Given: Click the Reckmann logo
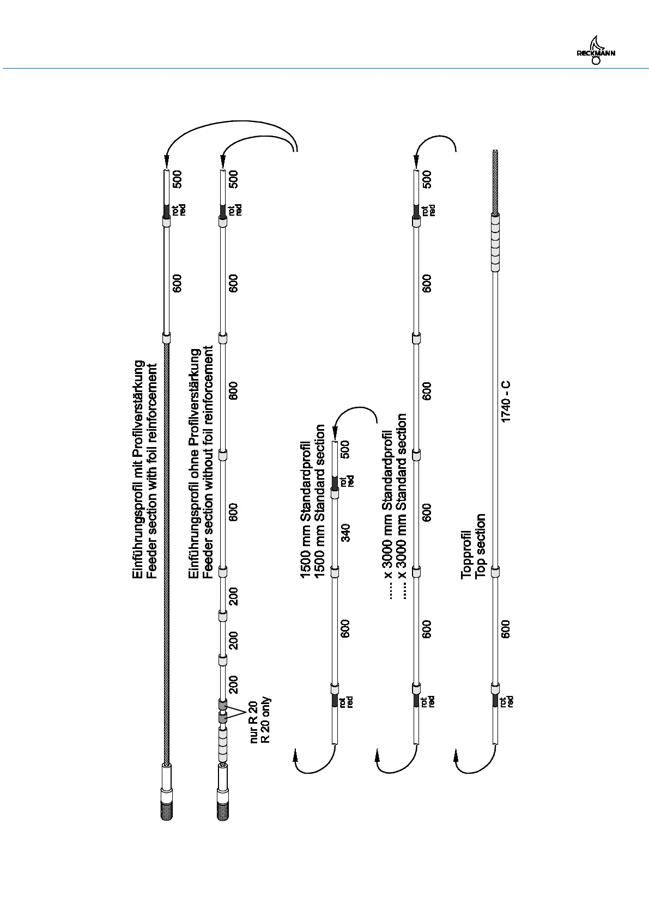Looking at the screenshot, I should tap(595, 52).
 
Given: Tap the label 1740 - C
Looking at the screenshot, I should tap(506, 401).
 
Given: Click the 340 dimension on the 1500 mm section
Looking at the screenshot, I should tap(345, 532).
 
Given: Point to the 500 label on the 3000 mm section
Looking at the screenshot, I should tap(427, 179).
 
